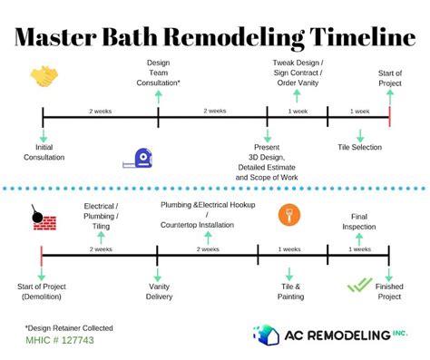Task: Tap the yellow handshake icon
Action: pos(44,76)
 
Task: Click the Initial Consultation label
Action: pos(44,151)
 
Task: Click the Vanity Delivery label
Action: pos(159,291)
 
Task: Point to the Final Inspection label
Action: pos(359,222)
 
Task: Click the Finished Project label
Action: pos(389,291)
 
